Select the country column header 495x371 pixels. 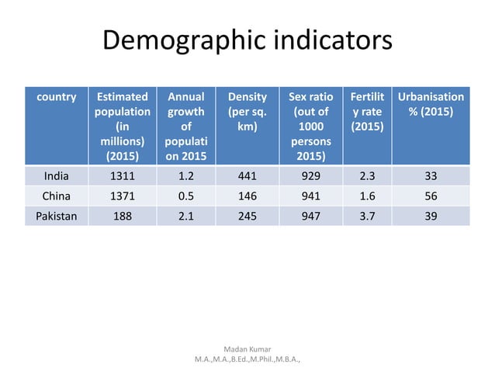[x=56, y=98]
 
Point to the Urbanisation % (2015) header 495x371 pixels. [x=431, y=105]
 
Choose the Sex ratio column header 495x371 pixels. [x=310, y=127]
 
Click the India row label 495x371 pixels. [x=56, y=175]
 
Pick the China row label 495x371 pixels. [x=56, y=196]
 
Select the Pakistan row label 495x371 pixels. [x=56, y=217]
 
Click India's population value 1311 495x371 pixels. [x=122, y=175]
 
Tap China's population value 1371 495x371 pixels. [x=122, y=196]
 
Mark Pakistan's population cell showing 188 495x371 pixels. [x=122, y=217]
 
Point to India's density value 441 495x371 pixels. [x=247, y=175]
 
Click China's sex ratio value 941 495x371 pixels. [x=310, y=196]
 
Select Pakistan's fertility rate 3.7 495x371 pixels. [x=365, y=217]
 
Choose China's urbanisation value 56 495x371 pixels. [x=431, y=196]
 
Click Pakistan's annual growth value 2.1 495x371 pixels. [x=185, y=217]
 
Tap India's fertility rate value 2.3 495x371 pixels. [x=365, y=175]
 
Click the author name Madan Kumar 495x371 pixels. [x=247, y=350]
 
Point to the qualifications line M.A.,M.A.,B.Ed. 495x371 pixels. [x=247, y=361]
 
